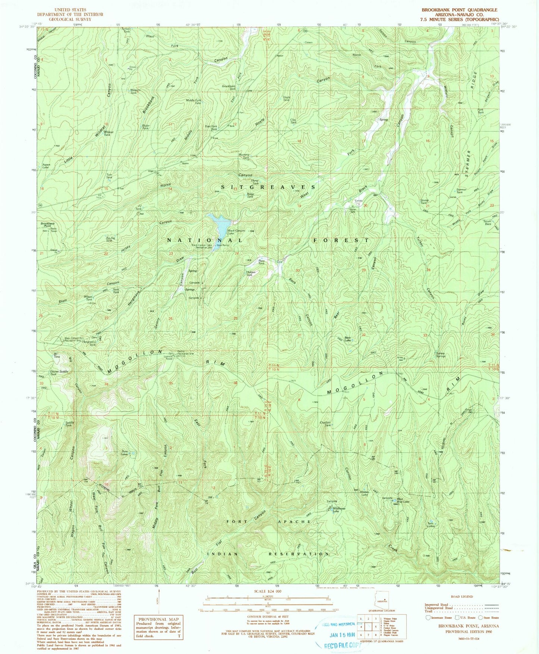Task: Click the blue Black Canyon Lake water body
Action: [218, 225]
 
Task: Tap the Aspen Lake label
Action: [46, 166]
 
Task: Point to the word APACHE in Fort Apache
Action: [294, 522]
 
